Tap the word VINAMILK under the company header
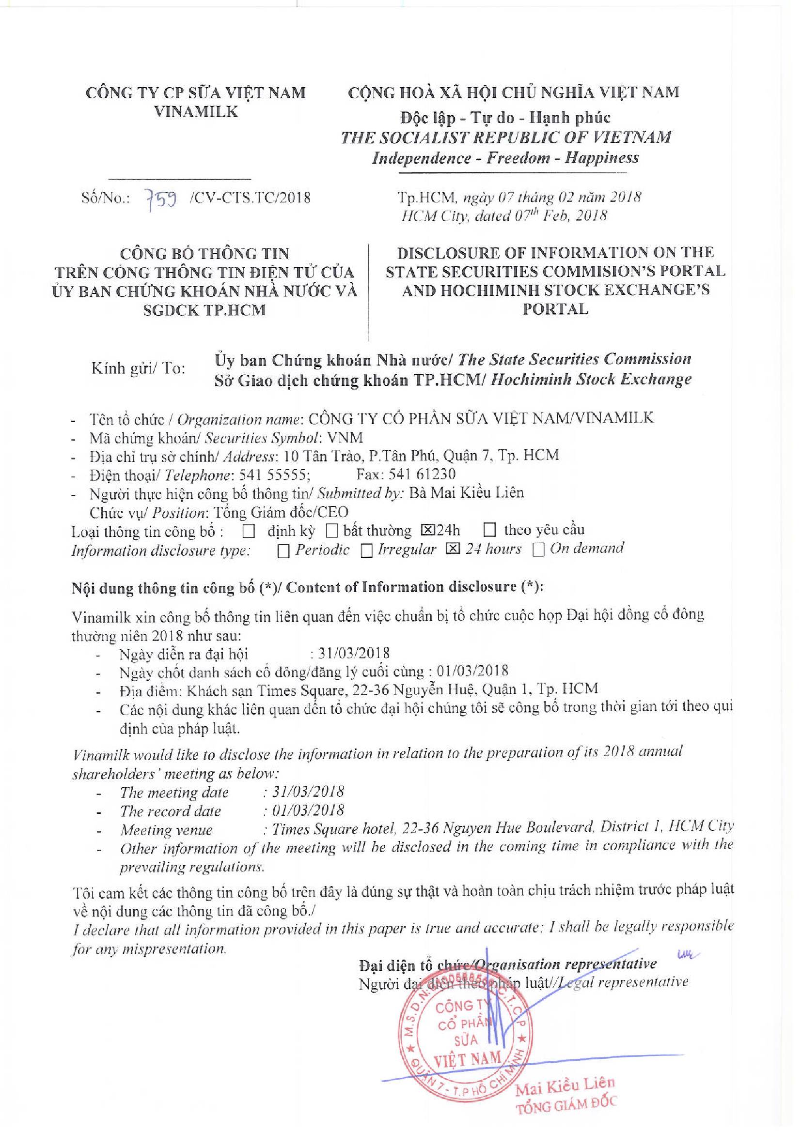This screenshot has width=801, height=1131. click(x=196, y=112)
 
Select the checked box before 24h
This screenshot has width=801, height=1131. click(x=427, y=530)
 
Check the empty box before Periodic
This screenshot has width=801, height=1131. click(x=283, y=551)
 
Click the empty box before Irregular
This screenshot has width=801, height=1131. click(x=366, y=550)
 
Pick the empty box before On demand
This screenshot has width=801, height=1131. click(x=539, y=550)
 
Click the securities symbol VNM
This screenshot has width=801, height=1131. click(x=345, y=438)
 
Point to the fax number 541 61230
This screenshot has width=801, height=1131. click(x=422, y=474)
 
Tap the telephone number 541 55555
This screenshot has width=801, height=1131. click(x=274, y=475)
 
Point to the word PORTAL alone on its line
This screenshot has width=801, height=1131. click(x=555, y=309)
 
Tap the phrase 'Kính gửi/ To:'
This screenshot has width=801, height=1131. click(x=138, y=368)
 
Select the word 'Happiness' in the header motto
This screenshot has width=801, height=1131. click(x=602, y=158)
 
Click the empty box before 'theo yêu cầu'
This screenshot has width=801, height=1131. click(x=489, y=530)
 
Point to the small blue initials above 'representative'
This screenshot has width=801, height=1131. click(x=686, y=956)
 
